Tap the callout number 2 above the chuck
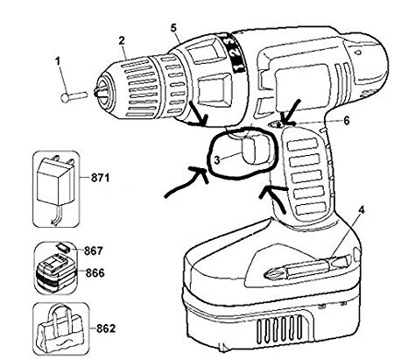[123, 41]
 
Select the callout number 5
[174, 27]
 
